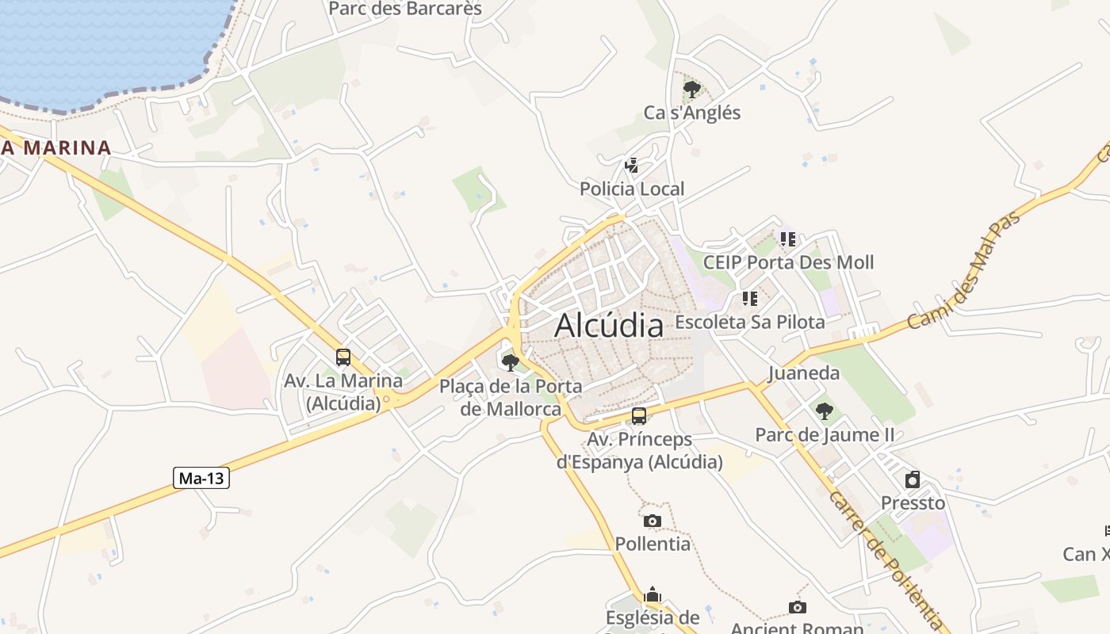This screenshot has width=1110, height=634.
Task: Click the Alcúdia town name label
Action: [609, 326]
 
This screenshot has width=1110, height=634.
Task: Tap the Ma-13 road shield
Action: [201, 478]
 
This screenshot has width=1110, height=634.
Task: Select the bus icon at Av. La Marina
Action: [343, 357]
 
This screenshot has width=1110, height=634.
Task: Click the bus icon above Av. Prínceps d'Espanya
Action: [639, 416]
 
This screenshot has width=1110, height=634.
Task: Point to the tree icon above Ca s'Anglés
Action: [692, 89]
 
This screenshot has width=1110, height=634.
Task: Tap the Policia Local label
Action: [632, 189]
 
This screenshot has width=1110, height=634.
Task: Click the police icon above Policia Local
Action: [632, 166]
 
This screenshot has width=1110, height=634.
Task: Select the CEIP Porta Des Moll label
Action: [788, 262]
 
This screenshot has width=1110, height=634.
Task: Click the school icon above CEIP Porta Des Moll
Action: [787, 239]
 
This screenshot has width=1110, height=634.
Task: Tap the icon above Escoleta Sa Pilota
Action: [749, 299]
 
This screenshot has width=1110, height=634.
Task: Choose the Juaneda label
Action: [803, 373]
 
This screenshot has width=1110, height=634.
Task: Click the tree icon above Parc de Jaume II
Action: [825, 411]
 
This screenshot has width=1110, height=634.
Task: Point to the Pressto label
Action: [913, 503]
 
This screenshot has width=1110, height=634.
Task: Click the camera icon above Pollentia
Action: [653, 521]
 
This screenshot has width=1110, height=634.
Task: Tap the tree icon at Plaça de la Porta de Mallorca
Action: [511, 363]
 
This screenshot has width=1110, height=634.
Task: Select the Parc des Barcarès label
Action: [405, 9]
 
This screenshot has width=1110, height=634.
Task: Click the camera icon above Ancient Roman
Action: [798, 607]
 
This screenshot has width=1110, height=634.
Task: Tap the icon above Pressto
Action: [913, 479]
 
